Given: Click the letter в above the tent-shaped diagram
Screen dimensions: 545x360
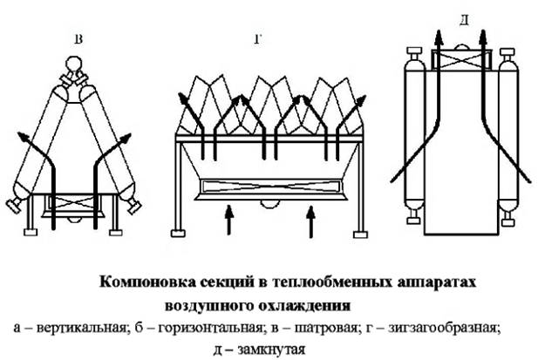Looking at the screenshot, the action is coord(78,39).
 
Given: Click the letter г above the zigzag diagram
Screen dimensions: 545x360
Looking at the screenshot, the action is coord(257,39).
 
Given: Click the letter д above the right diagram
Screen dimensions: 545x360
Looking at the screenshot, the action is coord(464,21).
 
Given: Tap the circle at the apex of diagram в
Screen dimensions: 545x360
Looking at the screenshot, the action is coord(74,65).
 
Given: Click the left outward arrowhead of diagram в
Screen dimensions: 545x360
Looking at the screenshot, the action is coord(24,137).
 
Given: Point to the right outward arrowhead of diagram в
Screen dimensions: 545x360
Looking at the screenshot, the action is coord(125,138).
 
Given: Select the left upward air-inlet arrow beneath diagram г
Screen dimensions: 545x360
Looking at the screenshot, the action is coord(228,220).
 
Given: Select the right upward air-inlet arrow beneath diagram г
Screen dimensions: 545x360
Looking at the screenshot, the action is coord(311,221).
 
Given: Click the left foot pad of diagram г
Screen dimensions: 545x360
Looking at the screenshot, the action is coord(178,234).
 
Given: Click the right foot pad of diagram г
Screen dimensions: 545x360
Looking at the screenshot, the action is coord(360,234).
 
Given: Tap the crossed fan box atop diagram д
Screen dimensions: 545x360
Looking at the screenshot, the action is coord(461,59).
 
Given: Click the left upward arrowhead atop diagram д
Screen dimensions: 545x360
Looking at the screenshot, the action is coord(439,37).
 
